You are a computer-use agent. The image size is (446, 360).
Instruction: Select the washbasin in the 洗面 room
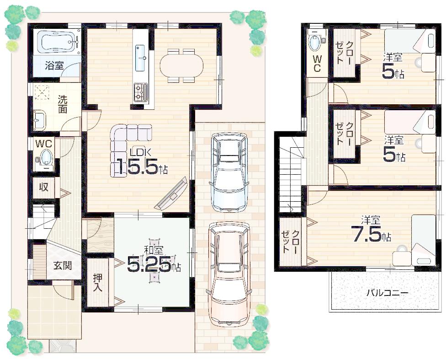40,120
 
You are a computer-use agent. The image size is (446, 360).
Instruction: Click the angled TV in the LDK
171,194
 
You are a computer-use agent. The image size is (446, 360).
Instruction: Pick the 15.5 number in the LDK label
135,168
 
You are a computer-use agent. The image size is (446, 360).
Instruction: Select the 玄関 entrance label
60,265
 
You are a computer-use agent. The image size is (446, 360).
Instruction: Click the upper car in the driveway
228,172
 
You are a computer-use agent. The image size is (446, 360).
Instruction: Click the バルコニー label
387,292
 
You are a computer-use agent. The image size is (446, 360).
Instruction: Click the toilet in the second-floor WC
315,43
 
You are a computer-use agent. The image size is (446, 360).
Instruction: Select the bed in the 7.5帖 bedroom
423,240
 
